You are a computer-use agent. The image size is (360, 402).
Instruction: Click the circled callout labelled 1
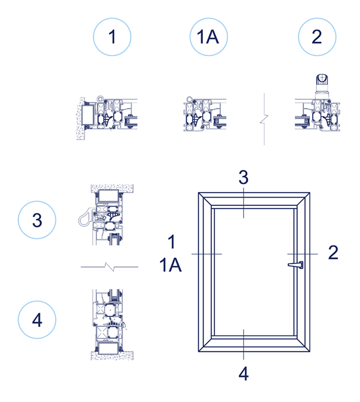pos(112,37)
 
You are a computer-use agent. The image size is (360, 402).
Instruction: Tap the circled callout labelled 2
pos(317,37)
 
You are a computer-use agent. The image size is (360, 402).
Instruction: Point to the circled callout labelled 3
pos(37,220)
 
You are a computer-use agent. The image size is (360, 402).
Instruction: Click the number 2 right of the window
pos(333,253)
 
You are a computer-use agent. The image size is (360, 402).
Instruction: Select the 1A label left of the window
pos(171,266)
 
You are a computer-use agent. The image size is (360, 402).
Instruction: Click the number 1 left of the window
pos(171,242)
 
